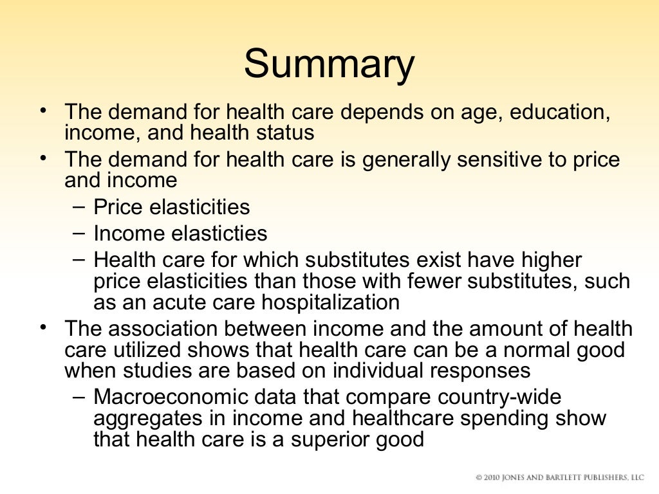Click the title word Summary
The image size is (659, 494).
coord(329,65)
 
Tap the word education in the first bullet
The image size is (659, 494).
coord(559,111)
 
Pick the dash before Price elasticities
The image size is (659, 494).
coord(78,206)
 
